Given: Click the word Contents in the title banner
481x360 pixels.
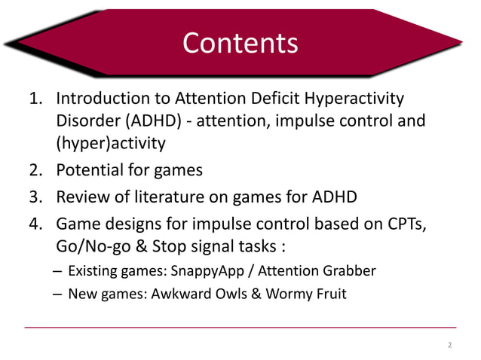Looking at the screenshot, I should pyautogui.click(x=240, y=43).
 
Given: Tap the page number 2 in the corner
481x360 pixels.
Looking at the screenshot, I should pyautogui.click(x=449, y=346).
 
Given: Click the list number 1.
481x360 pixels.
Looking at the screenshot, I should pyautogui.click(x=34, y=99).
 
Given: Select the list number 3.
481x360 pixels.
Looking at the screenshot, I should pyautogui.click(x=34, y=198).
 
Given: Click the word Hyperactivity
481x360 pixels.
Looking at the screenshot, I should pyautogui.click(x=355, y=99).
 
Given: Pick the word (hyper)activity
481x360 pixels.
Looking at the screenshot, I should pyautogui.click(x=110, y=142).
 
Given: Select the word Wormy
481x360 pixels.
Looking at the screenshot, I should pyautogui.click(x=293, y=294).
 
